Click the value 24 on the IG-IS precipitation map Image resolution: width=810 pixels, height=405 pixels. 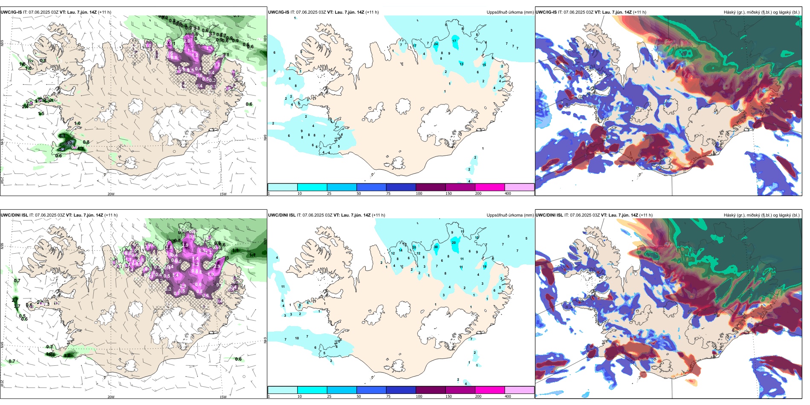[436, 44]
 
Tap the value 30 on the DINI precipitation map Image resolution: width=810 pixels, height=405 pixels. [436, 247]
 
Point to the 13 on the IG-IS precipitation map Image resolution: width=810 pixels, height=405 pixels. [461, 64]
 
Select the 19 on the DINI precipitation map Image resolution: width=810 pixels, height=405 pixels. [485, 266]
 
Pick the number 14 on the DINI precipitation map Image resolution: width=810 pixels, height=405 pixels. [400, 250]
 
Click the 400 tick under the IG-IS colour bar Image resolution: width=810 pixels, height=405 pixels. [508, 194]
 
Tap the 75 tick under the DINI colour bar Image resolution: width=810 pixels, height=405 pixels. [388, 396]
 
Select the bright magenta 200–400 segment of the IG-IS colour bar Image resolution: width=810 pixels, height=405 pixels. [489, 187]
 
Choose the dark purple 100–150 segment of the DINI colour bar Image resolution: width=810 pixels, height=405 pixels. [430, 390]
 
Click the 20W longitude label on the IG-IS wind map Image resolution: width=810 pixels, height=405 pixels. [111, 194]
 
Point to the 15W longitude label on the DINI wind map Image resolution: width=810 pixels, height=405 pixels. [223, 397]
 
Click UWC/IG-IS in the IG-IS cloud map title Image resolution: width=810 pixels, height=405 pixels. [546, 12]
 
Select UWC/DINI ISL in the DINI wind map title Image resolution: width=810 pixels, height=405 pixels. [14, 215]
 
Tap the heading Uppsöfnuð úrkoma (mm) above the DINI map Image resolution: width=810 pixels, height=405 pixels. [510, 215]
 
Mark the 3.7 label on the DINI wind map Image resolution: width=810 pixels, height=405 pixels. [17, 306]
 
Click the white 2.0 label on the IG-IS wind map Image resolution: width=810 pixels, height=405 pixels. [187, 41]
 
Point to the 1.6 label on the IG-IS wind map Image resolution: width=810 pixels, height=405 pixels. [22, 64]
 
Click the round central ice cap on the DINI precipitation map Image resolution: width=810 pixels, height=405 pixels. [403, 308]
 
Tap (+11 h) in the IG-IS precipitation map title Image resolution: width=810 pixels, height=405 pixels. [372, 12]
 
